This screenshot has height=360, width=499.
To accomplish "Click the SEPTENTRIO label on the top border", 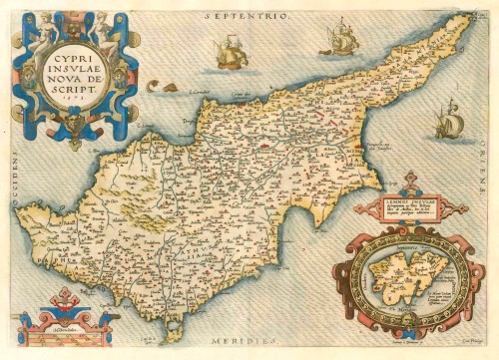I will [x=247, y=17].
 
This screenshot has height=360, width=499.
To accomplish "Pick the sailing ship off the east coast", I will [x=450, y=121].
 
